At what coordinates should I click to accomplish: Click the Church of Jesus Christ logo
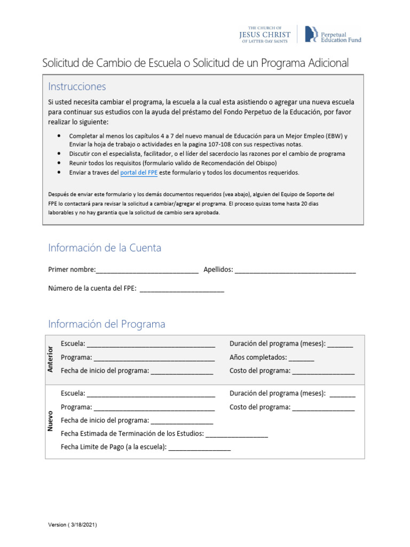(265, 33)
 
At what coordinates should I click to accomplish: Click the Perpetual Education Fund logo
(332, 34)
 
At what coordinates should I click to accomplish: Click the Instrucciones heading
(77, 87)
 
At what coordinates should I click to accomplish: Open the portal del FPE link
(139, 173)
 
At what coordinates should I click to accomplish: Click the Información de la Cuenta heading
(105, 248)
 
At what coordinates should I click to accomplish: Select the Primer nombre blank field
(147, 270)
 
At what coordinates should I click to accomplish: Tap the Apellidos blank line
(295, 270)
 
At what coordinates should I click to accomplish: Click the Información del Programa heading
(107, 324)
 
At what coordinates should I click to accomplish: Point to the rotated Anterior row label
(51, 358)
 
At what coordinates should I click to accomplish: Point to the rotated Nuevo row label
(51, 421)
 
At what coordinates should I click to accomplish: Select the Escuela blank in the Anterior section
(151, 344)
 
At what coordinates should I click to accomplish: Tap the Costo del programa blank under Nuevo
(323, 408)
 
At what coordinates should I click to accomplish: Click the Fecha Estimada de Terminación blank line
(236, 434)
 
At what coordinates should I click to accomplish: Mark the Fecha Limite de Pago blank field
(200, 448)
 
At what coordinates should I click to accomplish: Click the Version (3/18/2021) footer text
(73, 525)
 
